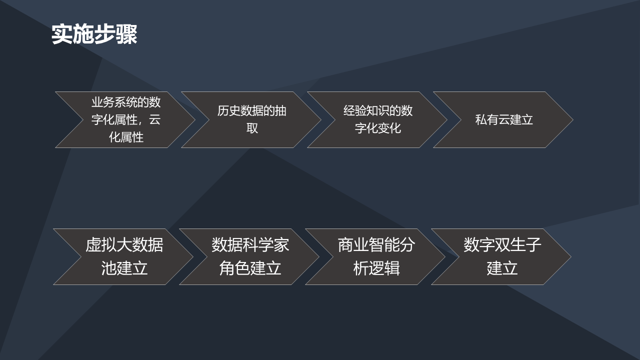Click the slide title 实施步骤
click(94, 34)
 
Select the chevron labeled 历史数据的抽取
click(251, 119)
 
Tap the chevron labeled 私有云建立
click(503, 119)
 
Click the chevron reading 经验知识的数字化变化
click(377, 119)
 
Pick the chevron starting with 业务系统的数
click(125, 119)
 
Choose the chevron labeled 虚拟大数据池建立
click(123, 256)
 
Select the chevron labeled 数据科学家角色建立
click(249, 256)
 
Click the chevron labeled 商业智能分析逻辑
click(375, 256)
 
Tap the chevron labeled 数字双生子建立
click(501, 256)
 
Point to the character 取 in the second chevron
click(252, 128)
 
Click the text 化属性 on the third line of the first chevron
click(126, 137)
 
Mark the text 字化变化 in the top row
click(377, 128)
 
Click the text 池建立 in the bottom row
click(124, 268)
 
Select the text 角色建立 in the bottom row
click(250, 268)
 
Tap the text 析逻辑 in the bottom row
click(376, 268)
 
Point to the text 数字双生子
click(502, 245)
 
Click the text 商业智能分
click(376, 245)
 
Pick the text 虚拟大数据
click(124, 245)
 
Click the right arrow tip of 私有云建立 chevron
click(573, 119)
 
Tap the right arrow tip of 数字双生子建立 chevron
click(571, 256)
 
